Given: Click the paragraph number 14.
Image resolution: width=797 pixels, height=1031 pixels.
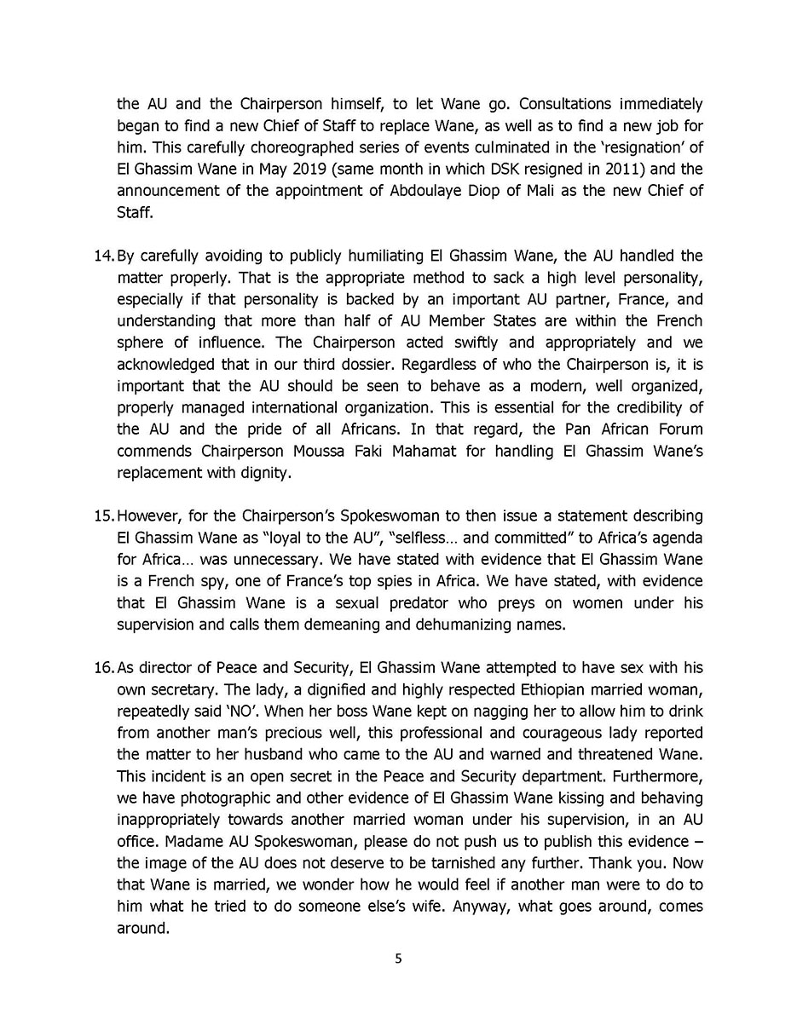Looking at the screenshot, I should click(105, 256).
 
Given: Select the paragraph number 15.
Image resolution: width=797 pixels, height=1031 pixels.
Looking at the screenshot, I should click(105, 516).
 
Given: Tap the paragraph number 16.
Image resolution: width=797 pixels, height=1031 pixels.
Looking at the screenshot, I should click(105, 667).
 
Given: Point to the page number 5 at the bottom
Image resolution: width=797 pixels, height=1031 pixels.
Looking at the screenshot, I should click(398, 959).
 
